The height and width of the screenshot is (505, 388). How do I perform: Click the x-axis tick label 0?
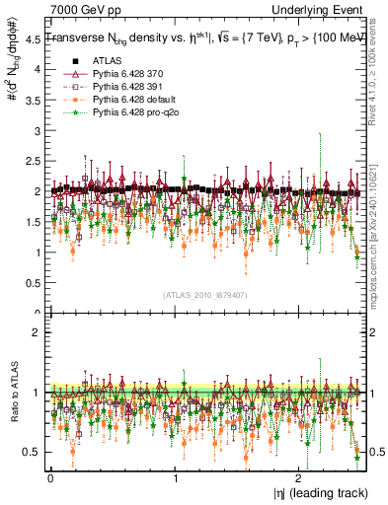[50, 478]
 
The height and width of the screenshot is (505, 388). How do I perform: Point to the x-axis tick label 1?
[175, 478]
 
